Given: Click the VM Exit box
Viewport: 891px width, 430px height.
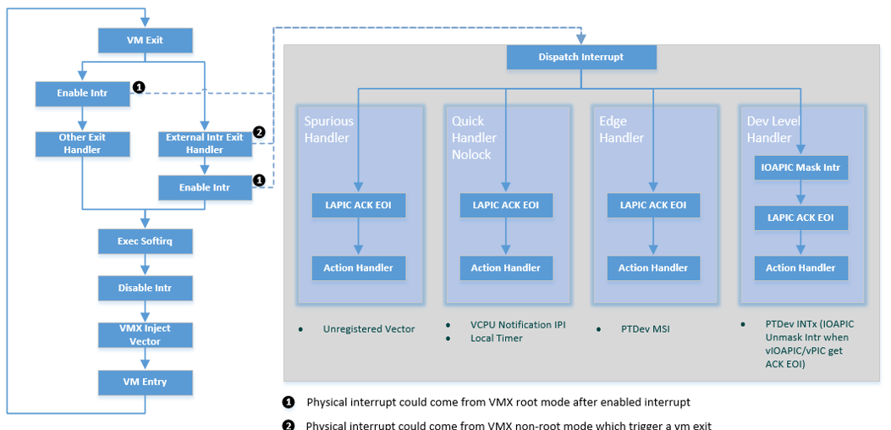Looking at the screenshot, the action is tap(145, 41).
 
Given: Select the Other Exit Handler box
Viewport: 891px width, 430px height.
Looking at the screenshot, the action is tap(82, 144).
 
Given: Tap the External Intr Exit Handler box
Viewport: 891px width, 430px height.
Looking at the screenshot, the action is tap(205, 144).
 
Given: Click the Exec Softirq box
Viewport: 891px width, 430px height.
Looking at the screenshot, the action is tap(145, 241).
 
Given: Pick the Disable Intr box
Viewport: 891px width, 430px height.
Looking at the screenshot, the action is tap(145, 289).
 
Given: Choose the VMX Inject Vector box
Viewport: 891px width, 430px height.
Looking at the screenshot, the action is tap(145, 335).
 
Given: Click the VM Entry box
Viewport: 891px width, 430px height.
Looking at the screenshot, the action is tap(145, 383).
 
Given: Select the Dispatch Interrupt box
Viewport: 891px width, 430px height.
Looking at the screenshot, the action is tap(580, 57).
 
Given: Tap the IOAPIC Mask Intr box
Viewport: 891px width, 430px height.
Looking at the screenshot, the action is tap(801, 168).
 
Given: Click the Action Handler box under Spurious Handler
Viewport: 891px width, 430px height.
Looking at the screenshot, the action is tap(359, 267).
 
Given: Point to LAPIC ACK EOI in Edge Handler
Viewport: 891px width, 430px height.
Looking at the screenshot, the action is tap(653, 205).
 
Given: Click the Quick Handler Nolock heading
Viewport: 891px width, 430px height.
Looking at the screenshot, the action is tap(474, 138).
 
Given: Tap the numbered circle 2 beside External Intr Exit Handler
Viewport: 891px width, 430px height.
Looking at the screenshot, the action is tap(259, 132).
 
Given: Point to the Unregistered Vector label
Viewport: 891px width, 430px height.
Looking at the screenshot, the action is tap(369, 328).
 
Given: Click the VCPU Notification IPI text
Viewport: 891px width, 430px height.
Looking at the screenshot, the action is tap(518, 325).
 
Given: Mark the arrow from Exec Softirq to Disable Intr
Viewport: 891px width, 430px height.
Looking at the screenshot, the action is tap(145, 264).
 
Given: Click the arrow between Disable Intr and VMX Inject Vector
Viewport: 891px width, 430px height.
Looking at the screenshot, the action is tap(145, 311).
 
